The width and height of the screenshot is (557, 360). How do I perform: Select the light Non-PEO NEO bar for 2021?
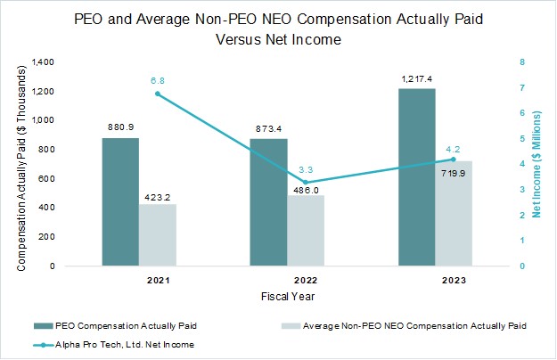click(157, 235)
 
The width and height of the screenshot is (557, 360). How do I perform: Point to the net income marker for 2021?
click(157, 94)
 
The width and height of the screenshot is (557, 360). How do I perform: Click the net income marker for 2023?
click(453, 160)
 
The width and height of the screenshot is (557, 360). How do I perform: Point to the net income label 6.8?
click(157, 78)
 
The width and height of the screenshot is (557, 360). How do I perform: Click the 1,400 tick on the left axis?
click(43, 62)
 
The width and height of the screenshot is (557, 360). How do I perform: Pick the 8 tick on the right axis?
click(522, 62)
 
